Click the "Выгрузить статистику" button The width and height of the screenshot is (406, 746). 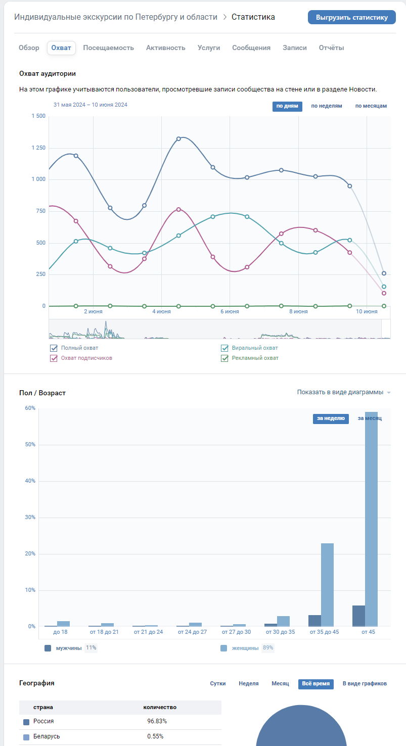pos(351,17)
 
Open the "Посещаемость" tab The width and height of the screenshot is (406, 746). pos(108,48)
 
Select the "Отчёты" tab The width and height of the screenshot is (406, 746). pos(331,48)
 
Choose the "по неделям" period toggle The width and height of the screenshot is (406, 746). pos(326,106)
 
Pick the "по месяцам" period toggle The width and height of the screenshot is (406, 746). pos(371,106)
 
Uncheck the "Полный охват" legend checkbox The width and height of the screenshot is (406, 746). pos(54,348)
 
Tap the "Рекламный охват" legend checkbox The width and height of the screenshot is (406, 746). pos(225,358)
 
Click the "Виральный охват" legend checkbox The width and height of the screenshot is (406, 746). pos(225,348)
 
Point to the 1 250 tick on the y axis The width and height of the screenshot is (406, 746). pos(38,148)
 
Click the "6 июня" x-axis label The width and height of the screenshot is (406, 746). pos(230,312)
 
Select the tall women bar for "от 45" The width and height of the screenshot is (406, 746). pos(371,521)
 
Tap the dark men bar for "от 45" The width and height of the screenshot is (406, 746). pos(358,616)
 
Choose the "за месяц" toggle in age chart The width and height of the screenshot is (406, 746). pos(370,418)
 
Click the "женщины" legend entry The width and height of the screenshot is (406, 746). pos(244,648)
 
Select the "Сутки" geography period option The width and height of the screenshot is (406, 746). pos(218,683)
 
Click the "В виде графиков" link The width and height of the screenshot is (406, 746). pos(365,683)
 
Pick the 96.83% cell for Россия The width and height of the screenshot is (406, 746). pos(157,721)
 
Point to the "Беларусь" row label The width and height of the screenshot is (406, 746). pos(47,736)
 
